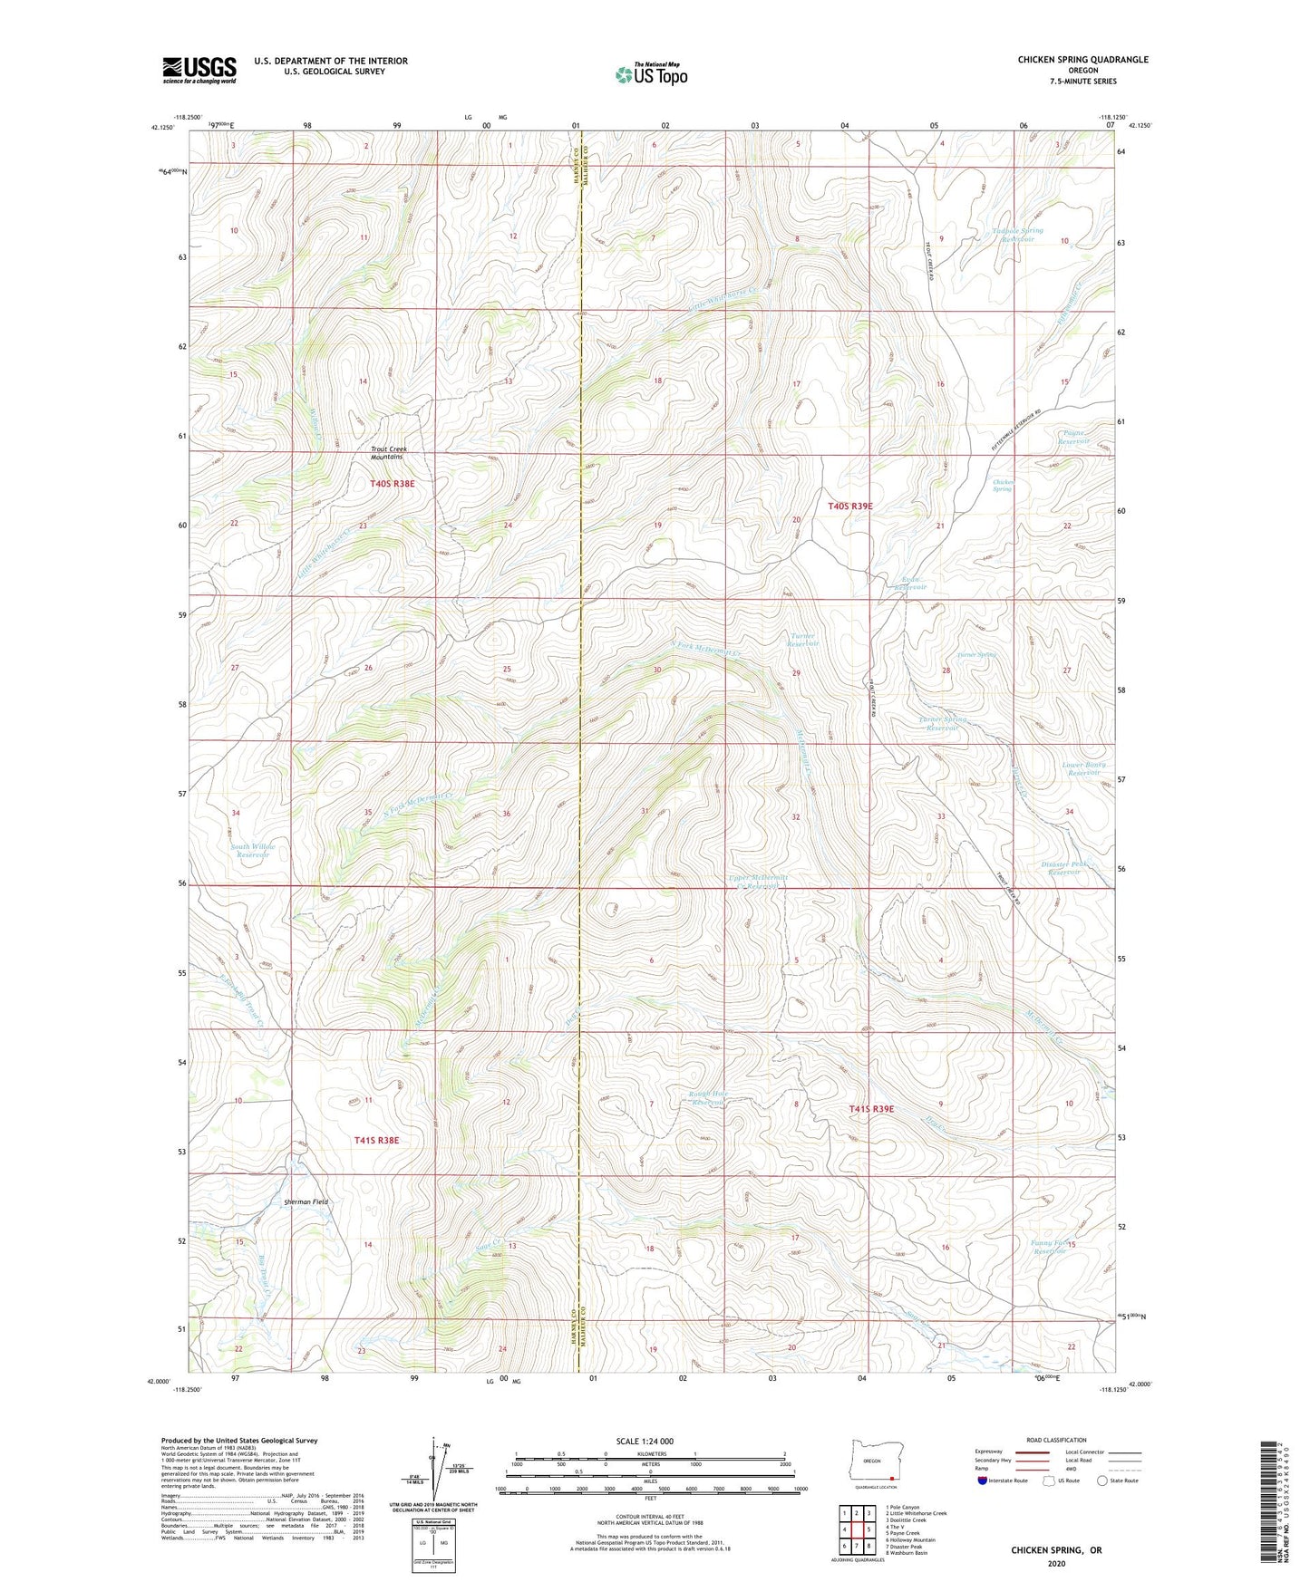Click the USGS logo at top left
(x=199, y=70)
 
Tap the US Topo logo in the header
(x=650, y=74)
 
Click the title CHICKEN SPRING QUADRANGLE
(x=1082, y=60)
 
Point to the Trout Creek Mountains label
(x=388, y=453)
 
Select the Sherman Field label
(x=306, y=1201)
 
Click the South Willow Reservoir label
(x=253, y=851)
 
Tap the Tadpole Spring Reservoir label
(x=1016, y=235)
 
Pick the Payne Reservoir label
(x=1073, y=437)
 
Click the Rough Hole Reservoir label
(x=707, y=1097)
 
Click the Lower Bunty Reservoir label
(x=1084, y=768)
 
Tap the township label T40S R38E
(x=392, y=484)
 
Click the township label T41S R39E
(x=871, y=1109)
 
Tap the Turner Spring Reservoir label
(x=942, y=723)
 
